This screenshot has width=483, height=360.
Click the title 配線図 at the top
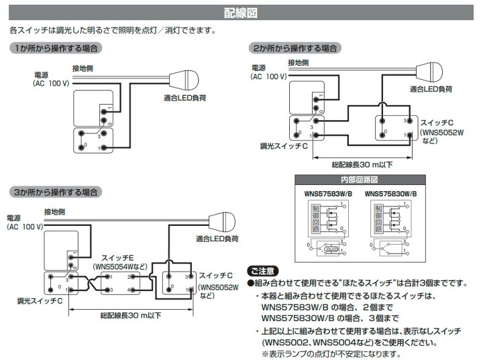(x=241, y=11)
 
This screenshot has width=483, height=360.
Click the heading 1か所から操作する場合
(x=56, y=48)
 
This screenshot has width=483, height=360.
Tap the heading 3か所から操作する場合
(x=56, y=192)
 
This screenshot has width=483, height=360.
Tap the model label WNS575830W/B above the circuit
(x=392, y=192)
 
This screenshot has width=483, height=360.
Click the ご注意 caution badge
(x=261, y=271)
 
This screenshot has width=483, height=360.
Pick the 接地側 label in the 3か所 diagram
(x=55, y=213)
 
